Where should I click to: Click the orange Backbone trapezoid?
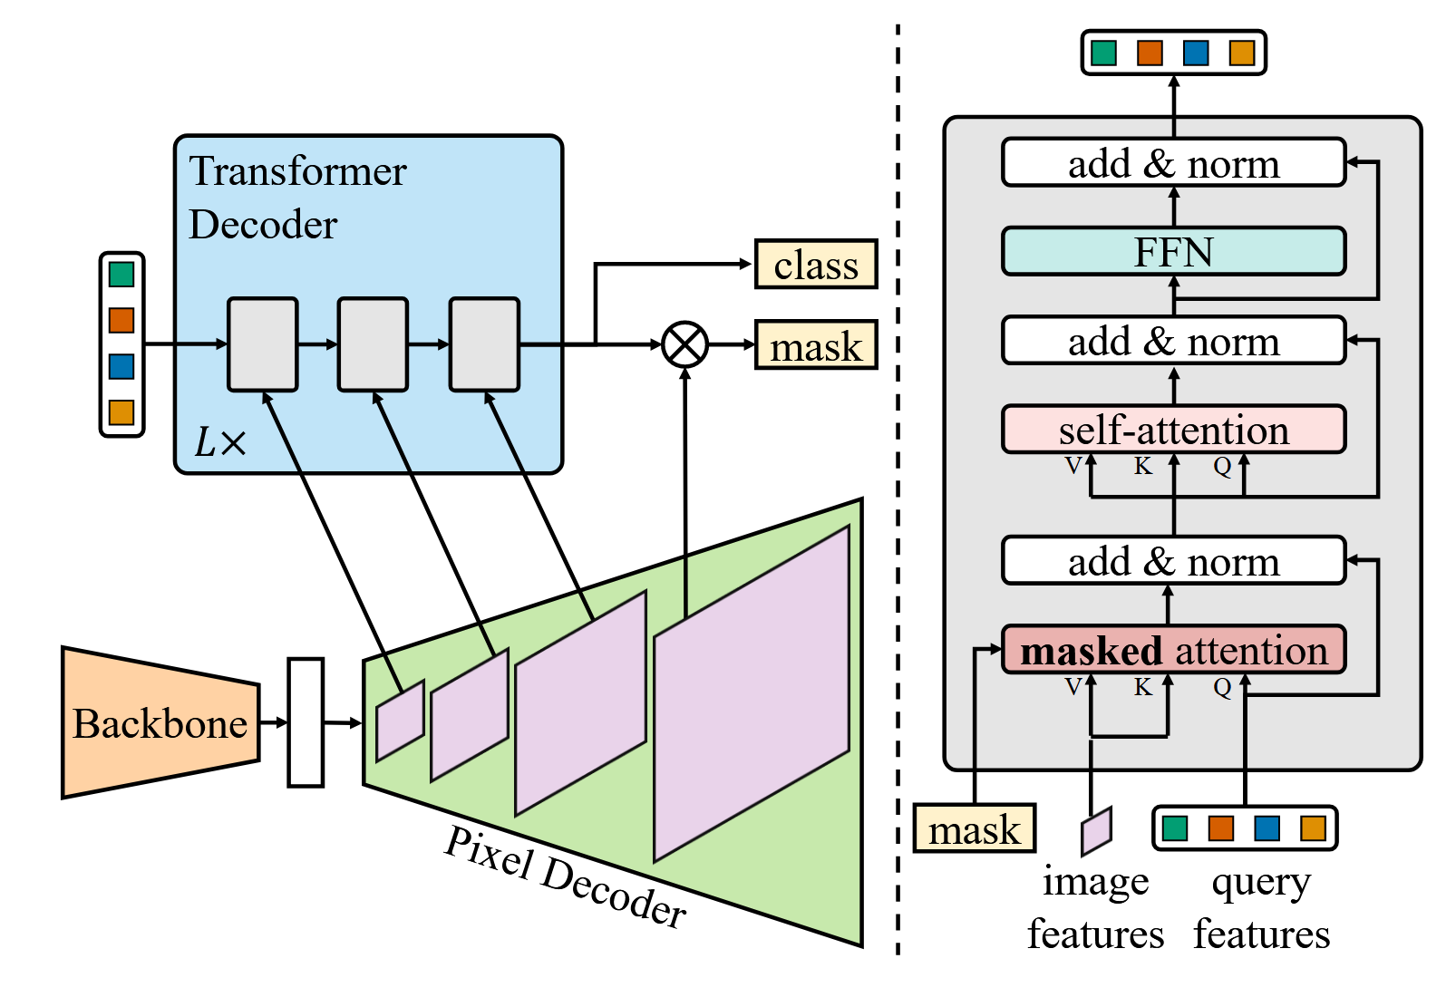coord(160,722)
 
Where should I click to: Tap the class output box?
coord(816,265)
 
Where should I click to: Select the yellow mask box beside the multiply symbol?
coord(816,345)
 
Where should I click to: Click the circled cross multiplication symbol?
coord(685,344)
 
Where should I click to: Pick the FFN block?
coord(1173,251)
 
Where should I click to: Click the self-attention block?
coord(1173,430)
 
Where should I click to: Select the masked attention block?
coord(1173,650)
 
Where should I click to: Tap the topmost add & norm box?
coord(1173,163)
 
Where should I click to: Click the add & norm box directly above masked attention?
coord(1173,562)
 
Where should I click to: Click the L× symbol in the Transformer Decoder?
coord(220,442)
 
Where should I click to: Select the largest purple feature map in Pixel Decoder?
coord(752,693)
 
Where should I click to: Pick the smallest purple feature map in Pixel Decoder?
coord(400,720)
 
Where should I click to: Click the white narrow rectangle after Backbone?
coord(306,722)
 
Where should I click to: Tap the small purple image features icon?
coord(1096,830)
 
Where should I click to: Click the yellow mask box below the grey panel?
coord(974,828)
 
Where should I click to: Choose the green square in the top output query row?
coord(1103,53)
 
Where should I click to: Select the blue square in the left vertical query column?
coord(121,366)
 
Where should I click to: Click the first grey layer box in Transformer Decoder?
coord(262,344)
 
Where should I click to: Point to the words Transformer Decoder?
coord(297,198)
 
